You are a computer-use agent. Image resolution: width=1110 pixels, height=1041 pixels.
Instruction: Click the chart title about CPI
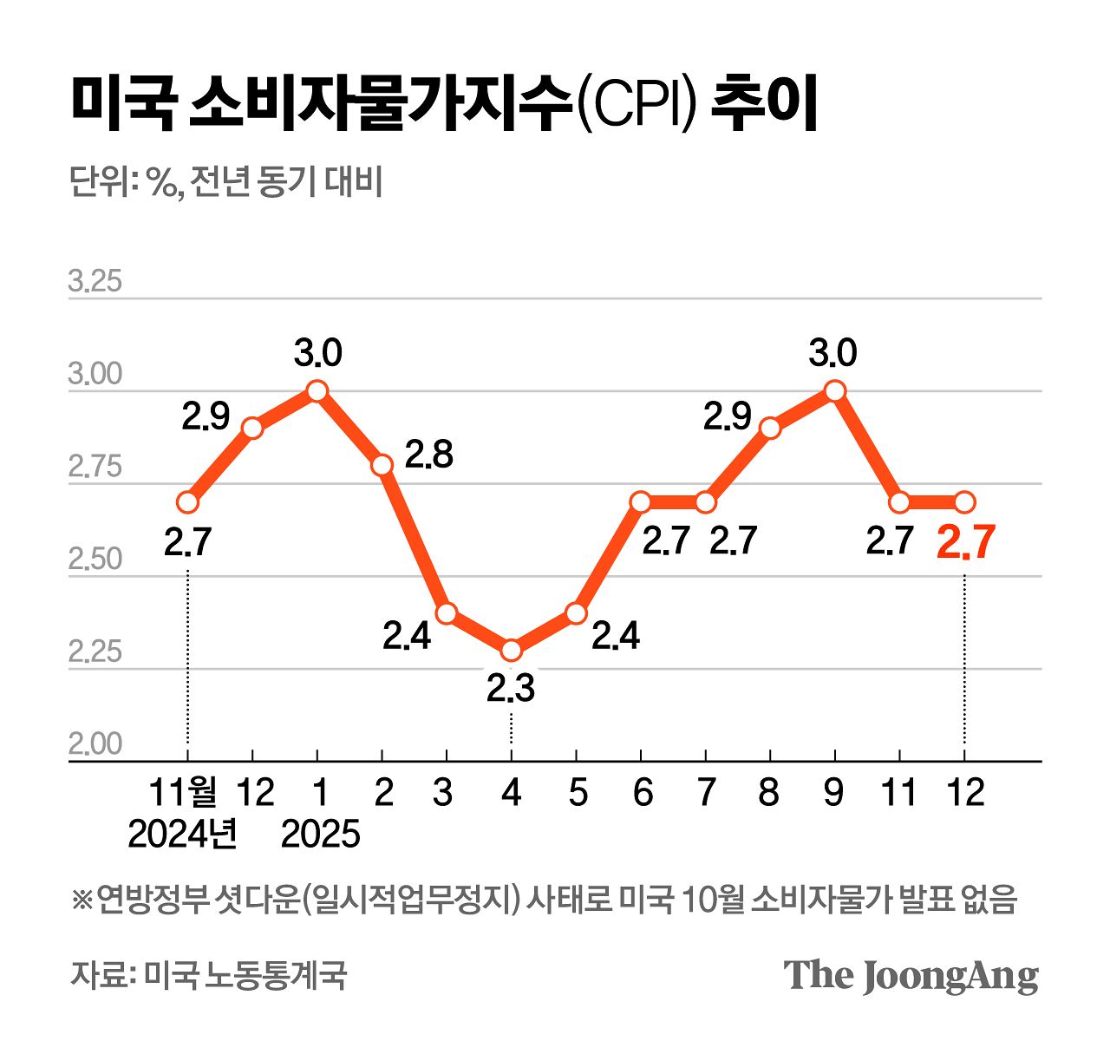[443, 105]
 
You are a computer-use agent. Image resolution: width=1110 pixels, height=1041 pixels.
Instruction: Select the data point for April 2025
[511, 650]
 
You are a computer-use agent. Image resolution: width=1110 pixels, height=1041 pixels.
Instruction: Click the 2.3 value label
[510, 690]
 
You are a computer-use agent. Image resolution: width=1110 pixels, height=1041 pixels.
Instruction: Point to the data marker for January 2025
[317, 391]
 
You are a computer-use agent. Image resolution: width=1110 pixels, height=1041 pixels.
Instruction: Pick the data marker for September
[834, 391]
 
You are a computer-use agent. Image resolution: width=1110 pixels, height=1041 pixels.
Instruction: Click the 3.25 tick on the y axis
[95, 282]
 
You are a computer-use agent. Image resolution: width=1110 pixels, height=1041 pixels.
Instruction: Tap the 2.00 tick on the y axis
[95, 744]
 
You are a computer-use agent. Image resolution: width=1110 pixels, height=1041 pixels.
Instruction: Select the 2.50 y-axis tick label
[95, 560]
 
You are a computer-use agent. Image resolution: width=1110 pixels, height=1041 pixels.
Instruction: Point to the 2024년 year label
[183, 835]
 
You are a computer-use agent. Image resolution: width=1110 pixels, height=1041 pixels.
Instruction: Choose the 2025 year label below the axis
[320, 835]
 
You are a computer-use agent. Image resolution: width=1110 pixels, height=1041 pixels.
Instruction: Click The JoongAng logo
[911, 975]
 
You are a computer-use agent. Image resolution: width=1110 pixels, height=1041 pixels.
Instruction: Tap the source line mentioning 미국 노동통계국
[208, 975]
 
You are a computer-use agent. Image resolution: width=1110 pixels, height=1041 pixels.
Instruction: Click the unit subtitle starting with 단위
[225, 183]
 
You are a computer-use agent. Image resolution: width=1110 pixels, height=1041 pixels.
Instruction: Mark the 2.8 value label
[429, 455]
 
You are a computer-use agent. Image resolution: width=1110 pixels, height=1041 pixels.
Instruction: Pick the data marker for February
[382, 465]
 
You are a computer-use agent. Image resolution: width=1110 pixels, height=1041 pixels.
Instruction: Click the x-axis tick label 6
[642, 792]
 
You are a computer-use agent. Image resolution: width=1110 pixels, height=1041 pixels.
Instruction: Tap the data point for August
[770, 428]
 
